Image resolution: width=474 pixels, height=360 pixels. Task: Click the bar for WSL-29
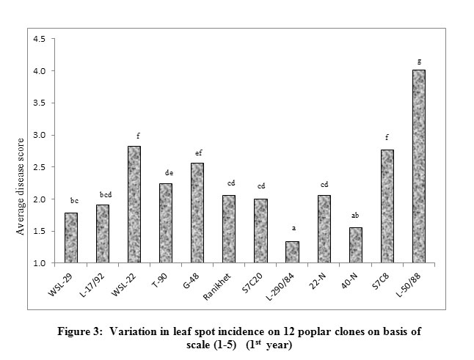tap(71, 238)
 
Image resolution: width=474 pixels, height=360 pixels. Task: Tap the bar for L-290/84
tap(292, 251)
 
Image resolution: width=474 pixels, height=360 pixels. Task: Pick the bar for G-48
tap(197, 213)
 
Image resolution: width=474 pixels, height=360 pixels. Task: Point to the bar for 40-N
tap(355, 245)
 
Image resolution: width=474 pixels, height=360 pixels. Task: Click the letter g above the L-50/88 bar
tap(418, 62)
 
